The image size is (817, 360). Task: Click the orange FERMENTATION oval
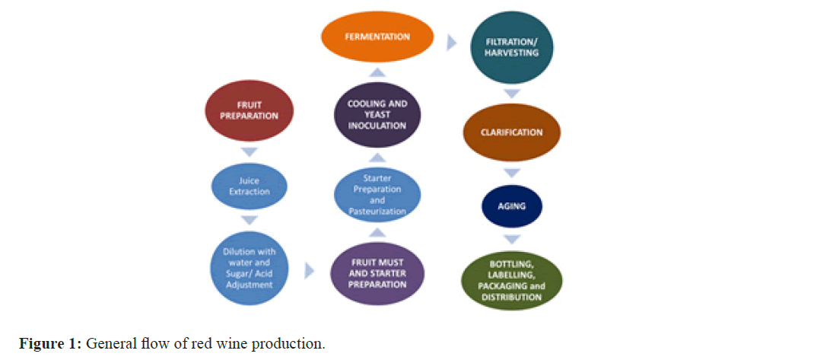pos(377,37)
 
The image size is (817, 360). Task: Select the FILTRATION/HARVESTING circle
pos(512,48)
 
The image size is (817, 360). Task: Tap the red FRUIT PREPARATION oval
pos(250,111)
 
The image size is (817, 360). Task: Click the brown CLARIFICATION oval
pos(512,132)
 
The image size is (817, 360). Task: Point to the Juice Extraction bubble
pos(250,186)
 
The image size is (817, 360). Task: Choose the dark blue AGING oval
pos(512,205)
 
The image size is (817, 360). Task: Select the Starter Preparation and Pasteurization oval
pos(378,194)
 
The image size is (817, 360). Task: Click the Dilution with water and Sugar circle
pos(250,267)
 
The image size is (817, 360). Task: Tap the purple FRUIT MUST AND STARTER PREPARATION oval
pos(377,273)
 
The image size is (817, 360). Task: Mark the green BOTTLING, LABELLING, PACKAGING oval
pos(511,281)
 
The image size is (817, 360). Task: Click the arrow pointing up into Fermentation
pos(377,72)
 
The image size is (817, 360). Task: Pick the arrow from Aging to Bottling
pos(512,239)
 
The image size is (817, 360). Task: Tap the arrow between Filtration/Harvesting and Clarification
pos(512,94)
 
